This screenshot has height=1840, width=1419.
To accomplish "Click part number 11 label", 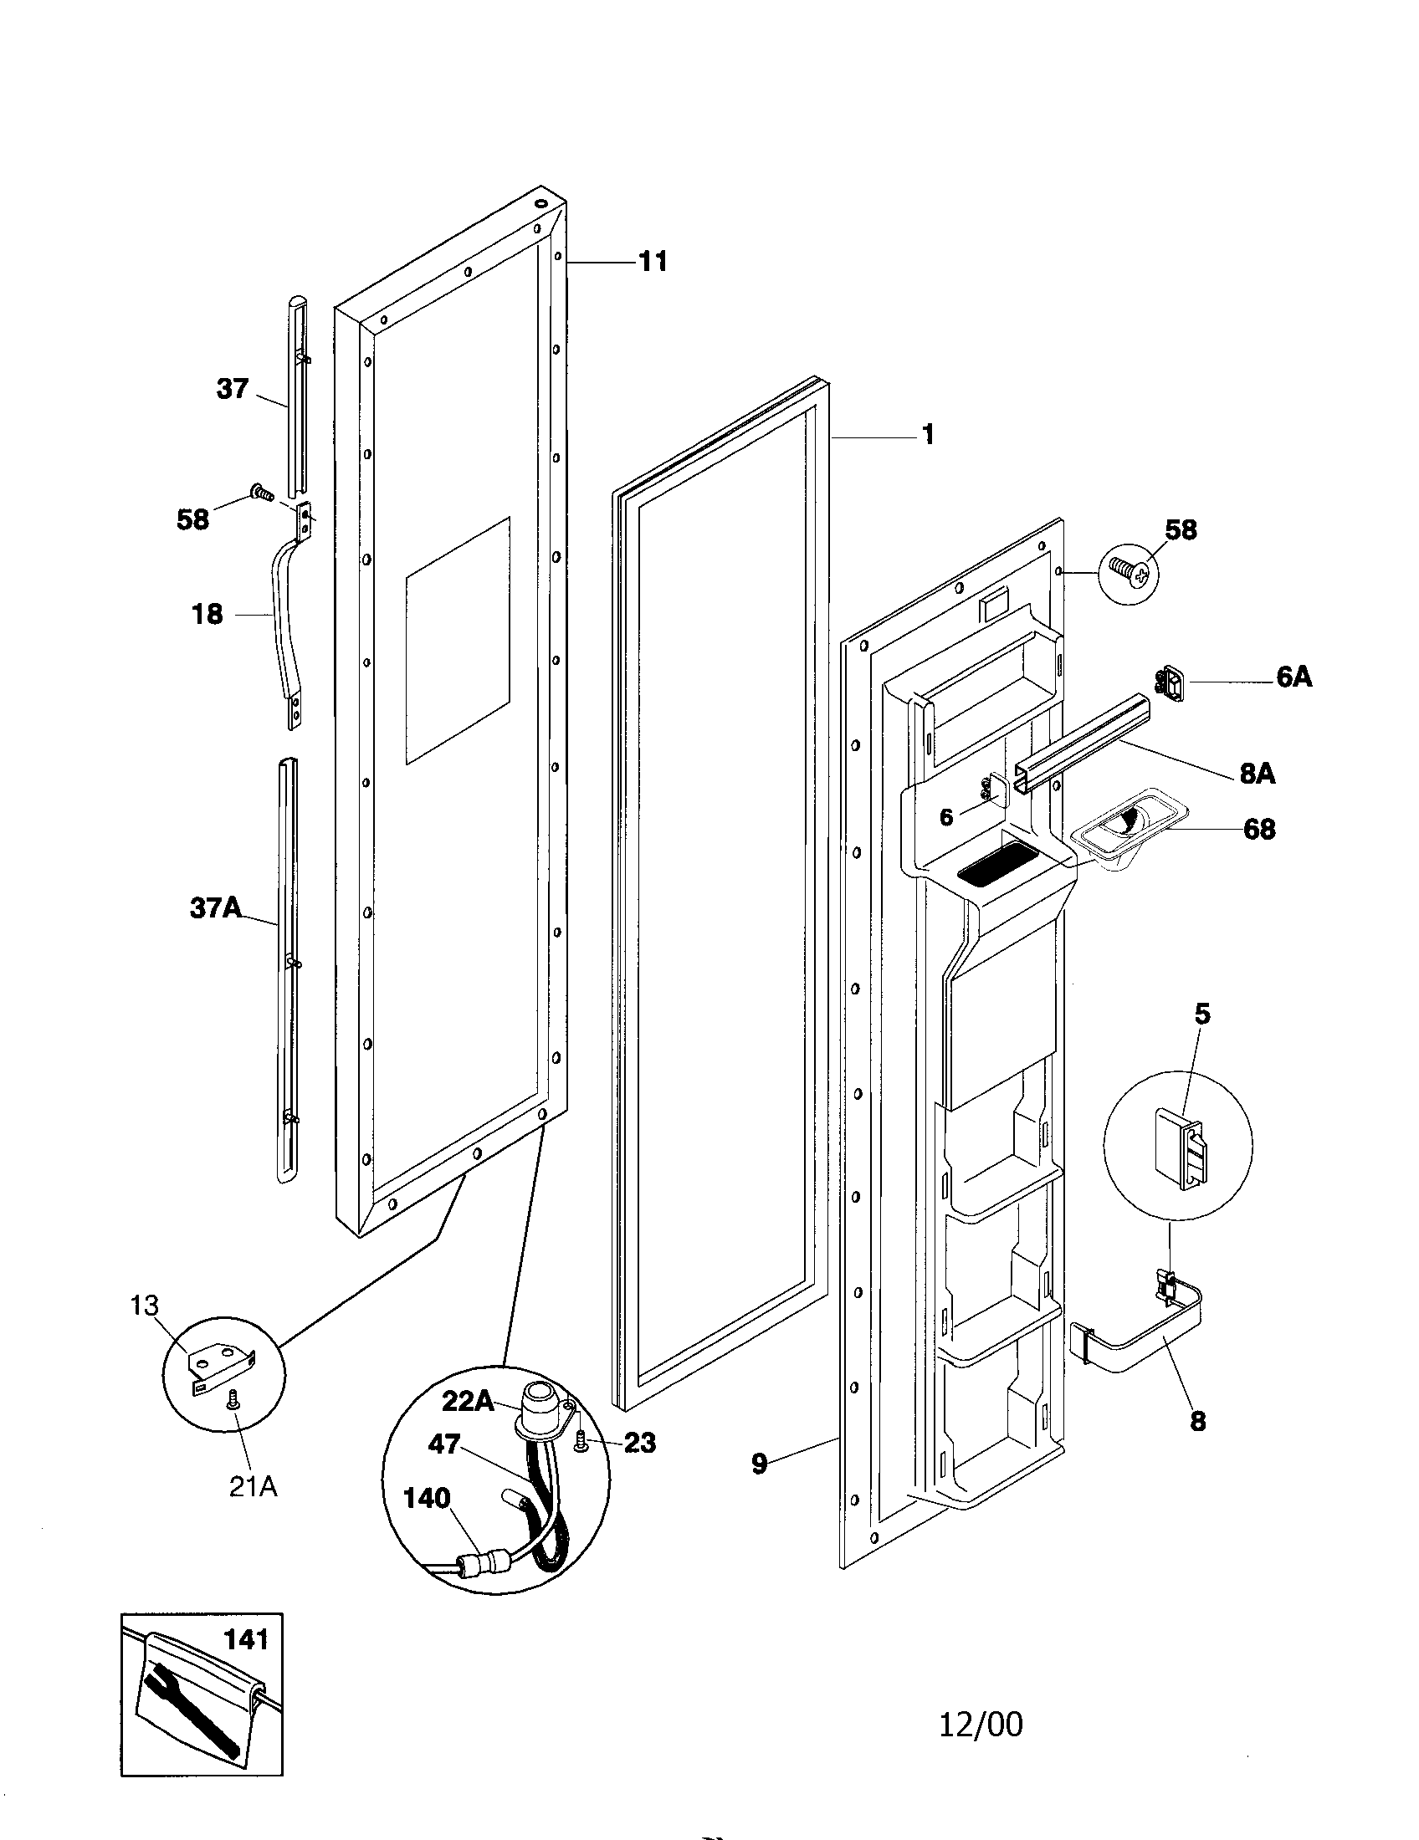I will point(653,262).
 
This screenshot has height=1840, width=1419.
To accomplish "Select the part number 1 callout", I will point(927,435).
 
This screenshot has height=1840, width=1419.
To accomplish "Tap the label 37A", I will point(216,907).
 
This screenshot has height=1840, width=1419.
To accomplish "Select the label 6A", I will point(1293,677).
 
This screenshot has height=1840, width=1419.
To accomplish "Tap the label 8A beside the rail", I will point(1258,774).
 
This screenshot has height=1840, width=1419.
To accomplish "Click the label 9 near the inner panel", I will point(759,1464).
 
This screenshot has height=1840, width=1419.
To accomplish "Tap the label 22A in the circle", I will point(469,1400).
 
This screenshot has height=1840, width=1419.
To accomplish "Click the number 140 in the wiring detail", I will point(428,1499).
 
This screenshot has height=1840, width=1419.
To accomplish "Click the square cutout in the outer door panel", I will point(458,641).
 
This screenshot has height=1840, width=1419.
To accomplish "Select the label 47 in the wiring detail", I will point(443,1444).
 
